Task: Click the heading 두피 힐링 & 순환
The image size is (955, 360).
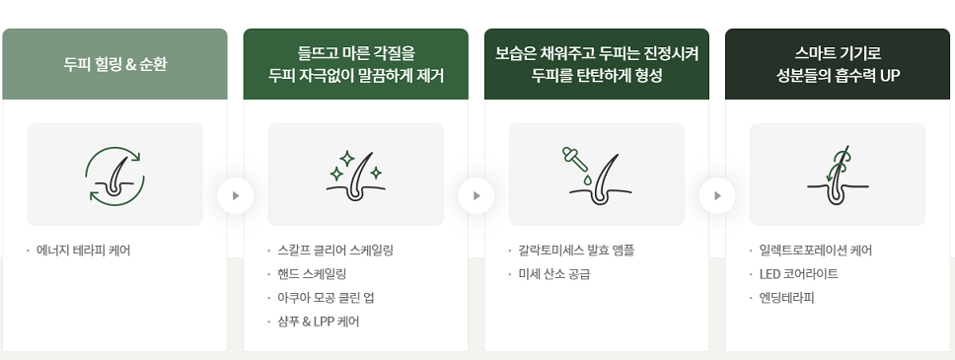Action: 114,64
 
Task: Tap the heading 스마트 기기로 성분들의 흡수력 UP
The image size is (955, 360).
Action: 838,64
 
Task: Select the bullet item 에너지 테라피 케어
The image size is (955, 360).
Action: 84,251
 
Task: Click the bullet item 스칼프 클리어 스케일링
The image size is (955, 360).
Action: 335,251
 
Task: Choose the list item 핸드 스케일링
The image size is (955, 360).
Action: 312,274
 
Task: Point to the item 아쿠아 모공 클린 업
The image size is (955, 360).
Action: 326,298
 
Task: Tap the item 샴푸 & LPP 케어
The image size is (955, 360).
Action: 318,322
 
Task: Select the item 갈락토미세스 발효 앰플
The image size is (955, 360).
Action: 576,251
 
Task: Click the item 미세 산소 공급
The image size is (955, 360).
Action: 554,274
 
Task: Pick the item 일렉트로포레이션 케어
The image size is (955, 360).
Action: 816,251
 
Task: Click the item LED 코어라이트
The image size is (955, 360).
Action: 798,274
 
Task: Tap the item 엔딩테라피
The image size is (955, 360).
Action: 786,298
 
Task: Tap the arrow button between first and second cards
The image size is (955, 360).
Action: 235,195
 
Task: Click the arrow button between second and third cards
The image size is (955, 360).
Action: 477,195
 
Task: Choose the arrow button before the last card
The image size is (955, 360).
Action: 717,195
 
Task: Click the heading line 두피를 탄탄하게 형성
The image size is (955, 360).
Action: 596,76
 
